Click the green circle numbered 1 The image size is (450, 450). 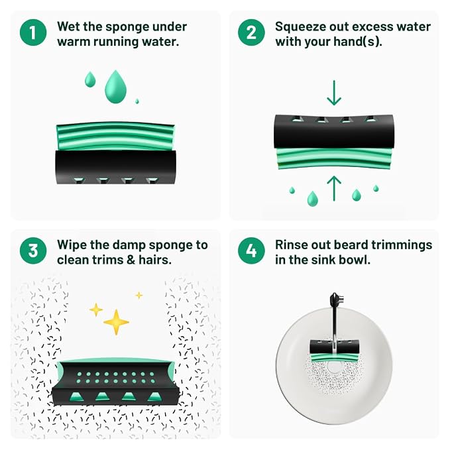click(x=33, y=32)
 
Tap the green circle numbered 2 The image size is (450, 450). click(x=251, y=32)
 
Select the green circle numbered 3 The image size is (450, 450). click(x=33, y=251)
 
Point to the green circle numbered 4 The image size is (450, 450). click(x=251, y=251)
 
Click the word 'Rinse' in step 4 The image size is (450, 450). click(x=291, y=245)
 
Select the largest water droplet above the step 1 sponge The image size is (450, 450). click(x=116, y=87)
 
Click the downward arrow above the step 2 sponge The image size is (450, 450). click(x=334, y=93)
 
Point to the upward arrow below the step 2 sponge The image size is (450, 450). click(x=334, y=188)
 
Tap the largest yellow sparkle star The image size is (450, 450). click(x=116, y=322)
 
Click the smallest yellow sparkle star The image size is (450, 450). click(x=139, y=295)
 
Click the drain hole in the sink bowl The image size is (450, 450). click(x=334, y=368)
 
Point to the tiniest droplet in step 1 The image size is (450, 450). click(x=137, y=101)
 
